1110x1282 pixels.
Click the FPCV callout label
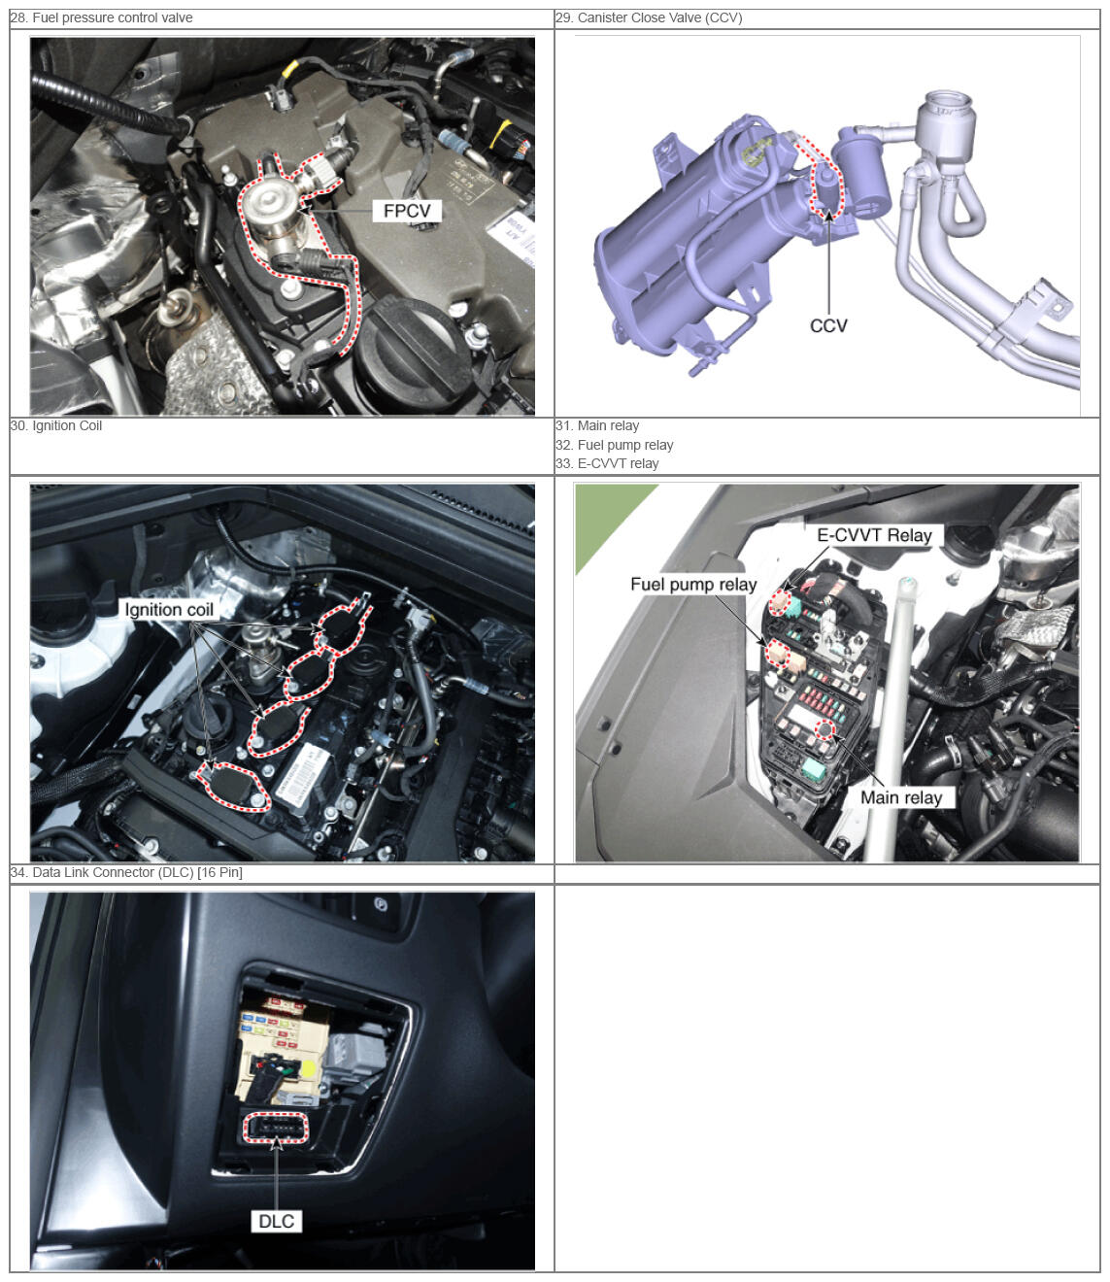406,211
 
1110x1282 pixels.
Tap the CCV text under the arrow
827,325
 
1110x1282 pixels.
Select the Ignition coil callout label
169,610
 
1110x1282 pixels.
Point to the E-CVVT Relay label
874,535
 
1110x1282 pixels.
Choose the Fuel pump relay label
693,585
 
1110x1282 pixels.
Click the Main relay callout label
901,797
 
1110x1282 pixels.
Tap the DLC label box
276,1221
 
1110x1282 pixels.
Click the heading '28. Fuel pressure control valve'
102,18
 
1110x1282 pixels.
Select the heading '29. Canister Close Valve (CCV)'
649,18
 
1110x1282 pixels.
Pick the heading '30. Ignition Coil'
56,425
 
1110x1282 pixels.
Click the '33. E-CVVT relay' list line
607,463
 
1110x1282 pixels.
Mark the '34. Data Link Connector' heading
126,872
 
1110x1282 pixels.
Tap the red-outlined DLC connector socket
276,1128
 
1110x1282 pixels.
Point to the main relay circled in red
824,730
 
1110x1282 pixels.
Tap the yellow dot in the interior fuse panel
308,1068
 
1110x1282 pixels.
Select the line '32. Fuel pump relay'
615,445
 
